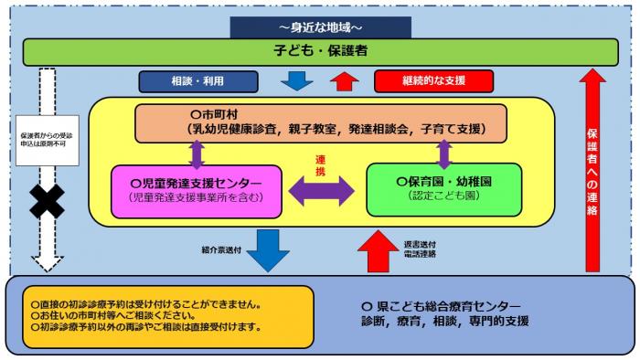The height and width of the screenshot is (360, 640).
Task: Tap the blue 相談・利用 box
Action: (x=197, y=81)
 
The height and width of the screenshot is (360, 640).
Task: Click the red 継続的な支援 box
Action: (x=433, y=81)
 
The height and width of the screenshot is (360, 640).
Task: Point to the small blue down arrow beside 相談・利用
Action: (x=296, y=81)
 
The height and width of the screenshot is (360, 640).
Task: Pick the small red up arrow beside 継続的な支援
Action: (x=345, y=81)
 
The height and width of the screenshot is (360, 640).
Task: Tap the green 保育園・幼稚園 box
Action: (x=443, y=190)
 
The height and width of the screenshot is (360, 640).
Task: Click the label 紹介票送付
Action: (x=221, y=249)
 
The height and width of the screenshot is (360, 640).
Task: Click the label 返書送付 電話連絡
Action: (x=420, y=249)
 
